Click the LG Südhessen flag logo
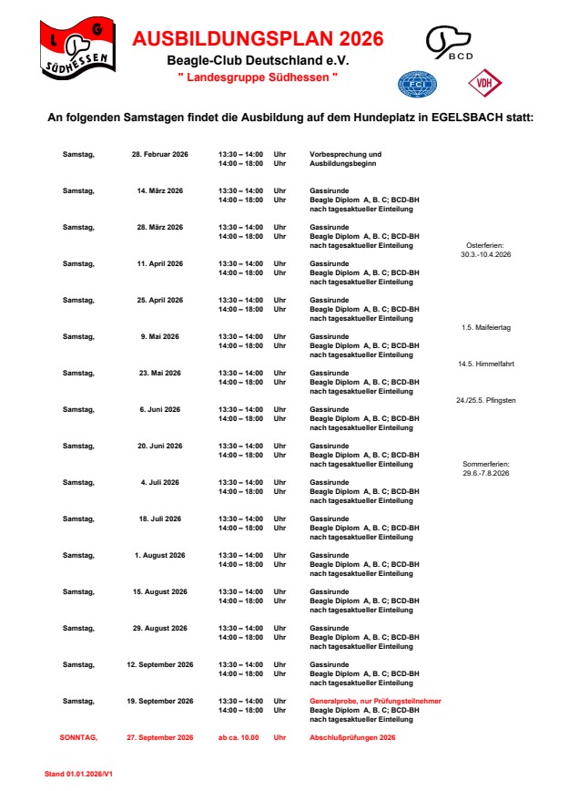click(78, 48)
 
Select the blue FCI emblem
click(417, 85)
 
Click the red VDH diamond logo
click(484, 84)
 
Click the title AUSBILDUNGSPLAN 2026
click(258, 39)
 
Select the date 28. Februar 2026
click(160, 154)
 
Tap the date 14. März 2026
click(160, 190)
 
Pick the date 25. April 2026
click(160, 300)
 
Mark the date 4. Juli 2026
click(160, 482)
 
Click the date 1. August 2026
click(160, 555)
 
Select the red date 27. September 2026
click(160, 736)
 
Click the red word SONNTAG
click(78, 736)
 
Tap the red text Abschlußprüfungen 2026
click(353, 736)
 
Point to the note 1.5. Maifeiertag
click(485, 327)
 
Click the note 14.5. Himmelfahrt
click(485, 364)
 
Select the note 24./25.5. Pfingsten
click(485, 400)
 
